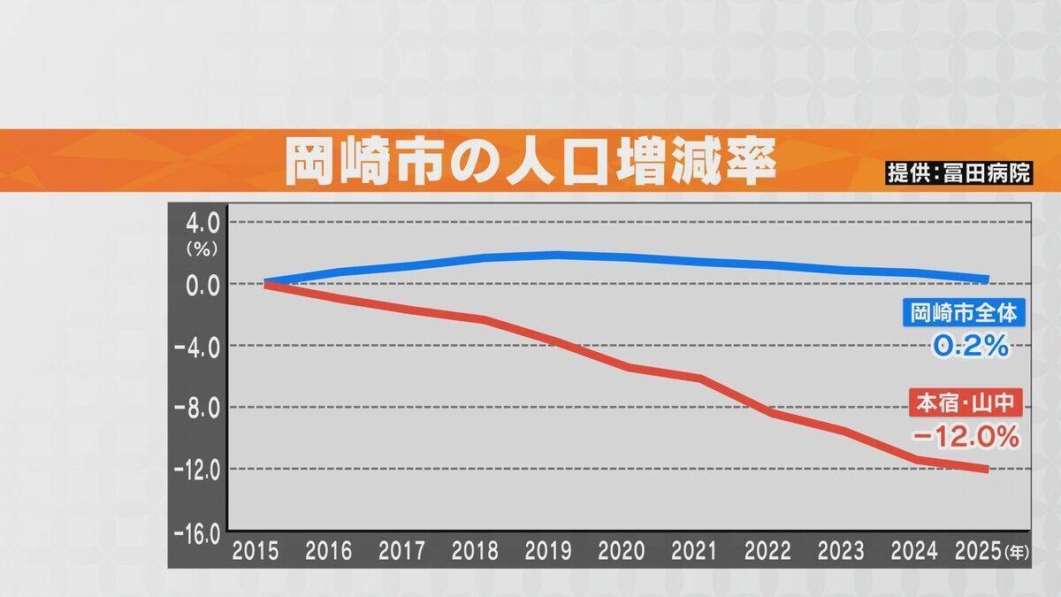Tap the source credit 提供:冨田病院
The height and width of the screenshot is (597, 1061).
958,172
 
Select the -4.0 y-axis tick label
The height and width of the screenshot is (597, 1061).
198,346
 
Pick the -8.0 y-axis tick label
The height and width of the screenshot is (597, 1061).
198,408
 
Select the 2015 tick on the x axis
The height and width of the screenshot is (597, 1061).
255,552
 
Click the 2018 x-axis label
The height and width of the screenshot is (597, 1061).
475,552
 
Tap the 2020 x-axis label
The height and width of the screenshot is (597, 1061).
622,552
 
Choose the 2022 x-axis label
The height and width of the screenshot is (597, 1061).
767,552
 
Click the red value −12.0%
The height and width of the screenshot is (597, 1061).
967,436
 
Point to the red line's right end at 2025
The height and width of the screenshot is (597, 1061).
986,469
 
